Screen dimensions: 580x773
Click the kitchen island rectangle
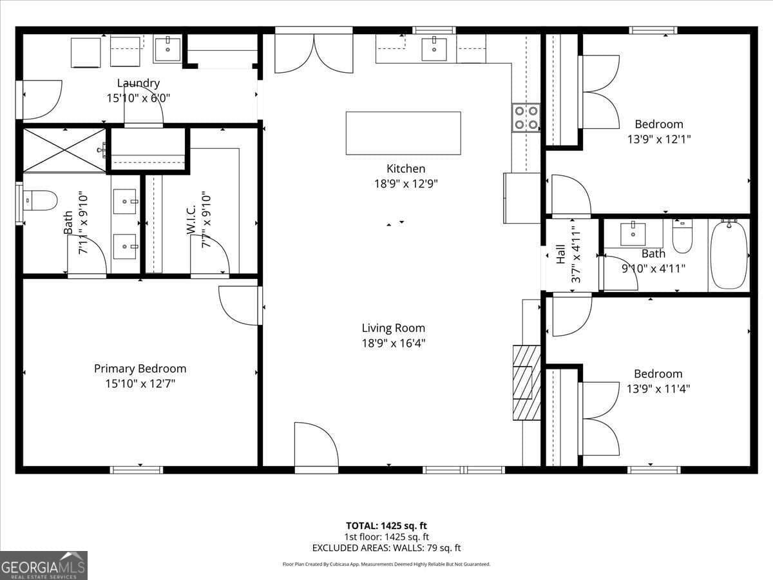pos(403,133)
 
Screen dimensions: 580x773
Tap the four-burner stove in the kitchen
pos(526,117)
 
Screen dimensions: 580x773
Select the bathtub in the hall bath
pos(729,255)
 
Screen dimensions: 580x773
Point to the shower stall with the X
pos(64,150)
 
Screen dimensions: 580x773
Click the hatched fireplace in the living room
pos(526,383)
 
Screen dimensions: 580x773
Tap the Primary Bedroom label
pos(140,369)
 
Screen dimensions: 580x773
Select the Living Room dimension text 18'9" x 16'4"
pos(393,343)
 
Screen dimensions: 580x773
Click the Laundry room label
pos(138,83)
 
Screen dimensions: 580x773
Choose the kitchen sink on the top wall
pos(434,49)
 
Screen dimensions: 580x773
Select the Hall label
pos(560,253)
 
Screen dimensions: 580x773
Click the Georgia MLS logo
pos(43,565)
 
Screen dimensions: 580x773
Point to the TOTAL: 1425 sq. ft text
pos(386,526)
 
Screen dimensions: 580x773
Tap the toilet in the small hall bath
pos(682,237)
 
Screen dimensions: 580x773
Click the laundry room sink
pos(167,48)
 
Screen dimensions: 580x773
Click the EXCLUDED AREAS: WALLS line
pos(386,548)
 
